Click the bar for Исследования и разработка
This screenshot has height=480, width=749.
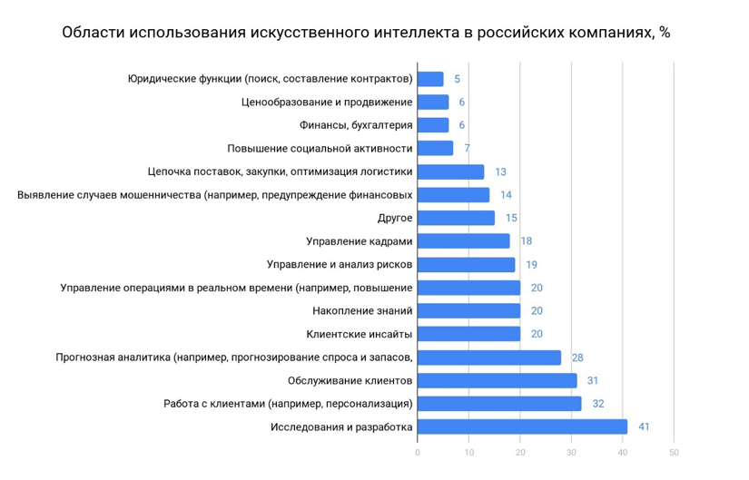[x=522, y=427]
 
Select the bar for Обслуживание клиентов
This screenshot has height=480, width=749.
[x=497, y=380]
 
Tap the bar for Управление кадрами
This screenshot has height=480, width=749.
[x=463, y=240]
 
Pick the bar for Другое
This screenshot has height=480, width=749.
[x=456, y=218]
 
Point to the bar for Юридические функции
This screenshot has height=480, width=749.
[x=430, y=79]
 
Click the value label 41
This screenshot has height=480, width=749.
[x=643, y=427]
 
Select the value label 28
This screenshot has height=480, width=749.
[x=577, y=358]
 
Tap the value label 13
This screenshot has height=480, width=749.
[x=500, y=171]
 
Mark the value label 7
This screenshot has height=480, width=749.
[x=467, y=148]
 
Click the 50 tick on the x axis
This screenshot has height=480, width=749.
[x=674, y=452]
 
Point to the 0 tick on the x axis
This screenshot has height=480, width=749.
[x=418, y=452]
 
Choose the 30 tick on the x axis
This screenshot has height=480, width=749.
[x=571, y=452]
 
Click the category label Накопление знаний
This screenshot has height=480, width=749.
[x=362, y=310]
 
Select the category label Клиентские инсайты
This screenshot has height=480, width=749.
[x=360, y=334]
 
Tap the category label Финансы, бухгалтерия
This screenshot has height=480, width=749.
[x=356, y=125]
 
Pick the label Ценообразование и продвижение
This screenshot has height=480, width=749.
[x=327, y=102]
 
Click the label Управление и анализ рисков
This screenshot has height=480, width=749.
[x=340, y=264]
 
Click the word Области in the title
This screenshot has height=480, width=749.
[x=92, y=34]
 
